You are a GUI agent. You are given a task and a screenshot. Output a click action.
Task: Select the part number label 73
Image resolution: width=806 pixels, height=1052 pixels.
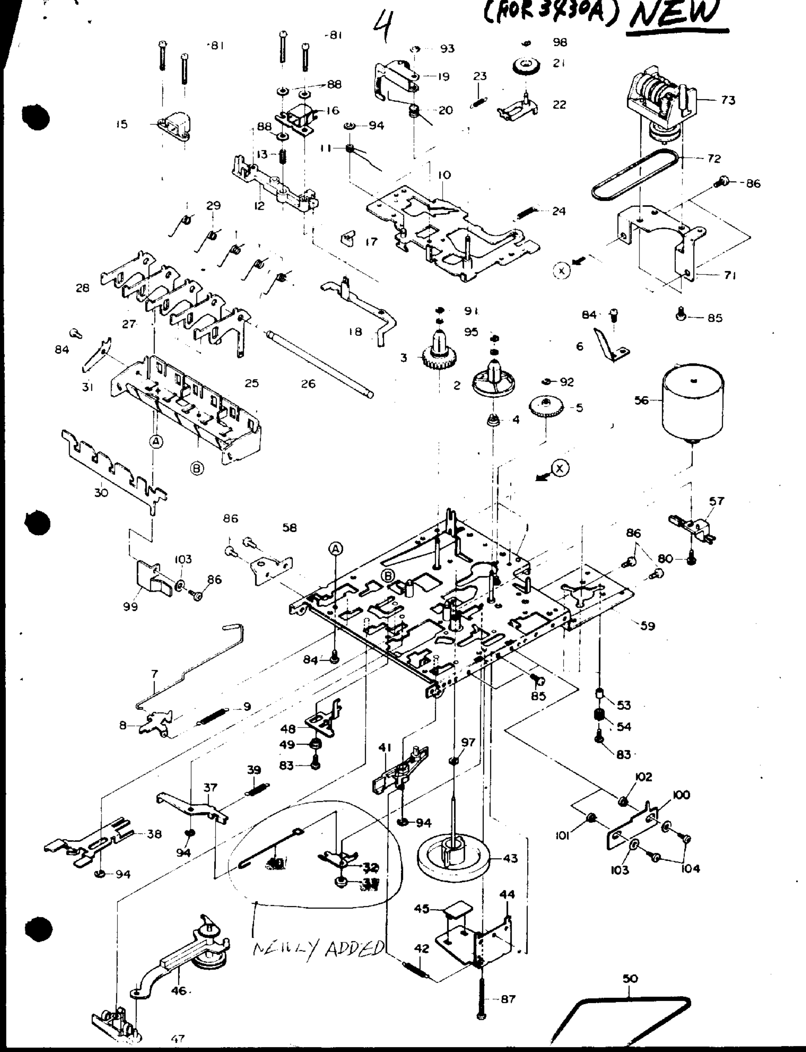coord(728,100)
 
